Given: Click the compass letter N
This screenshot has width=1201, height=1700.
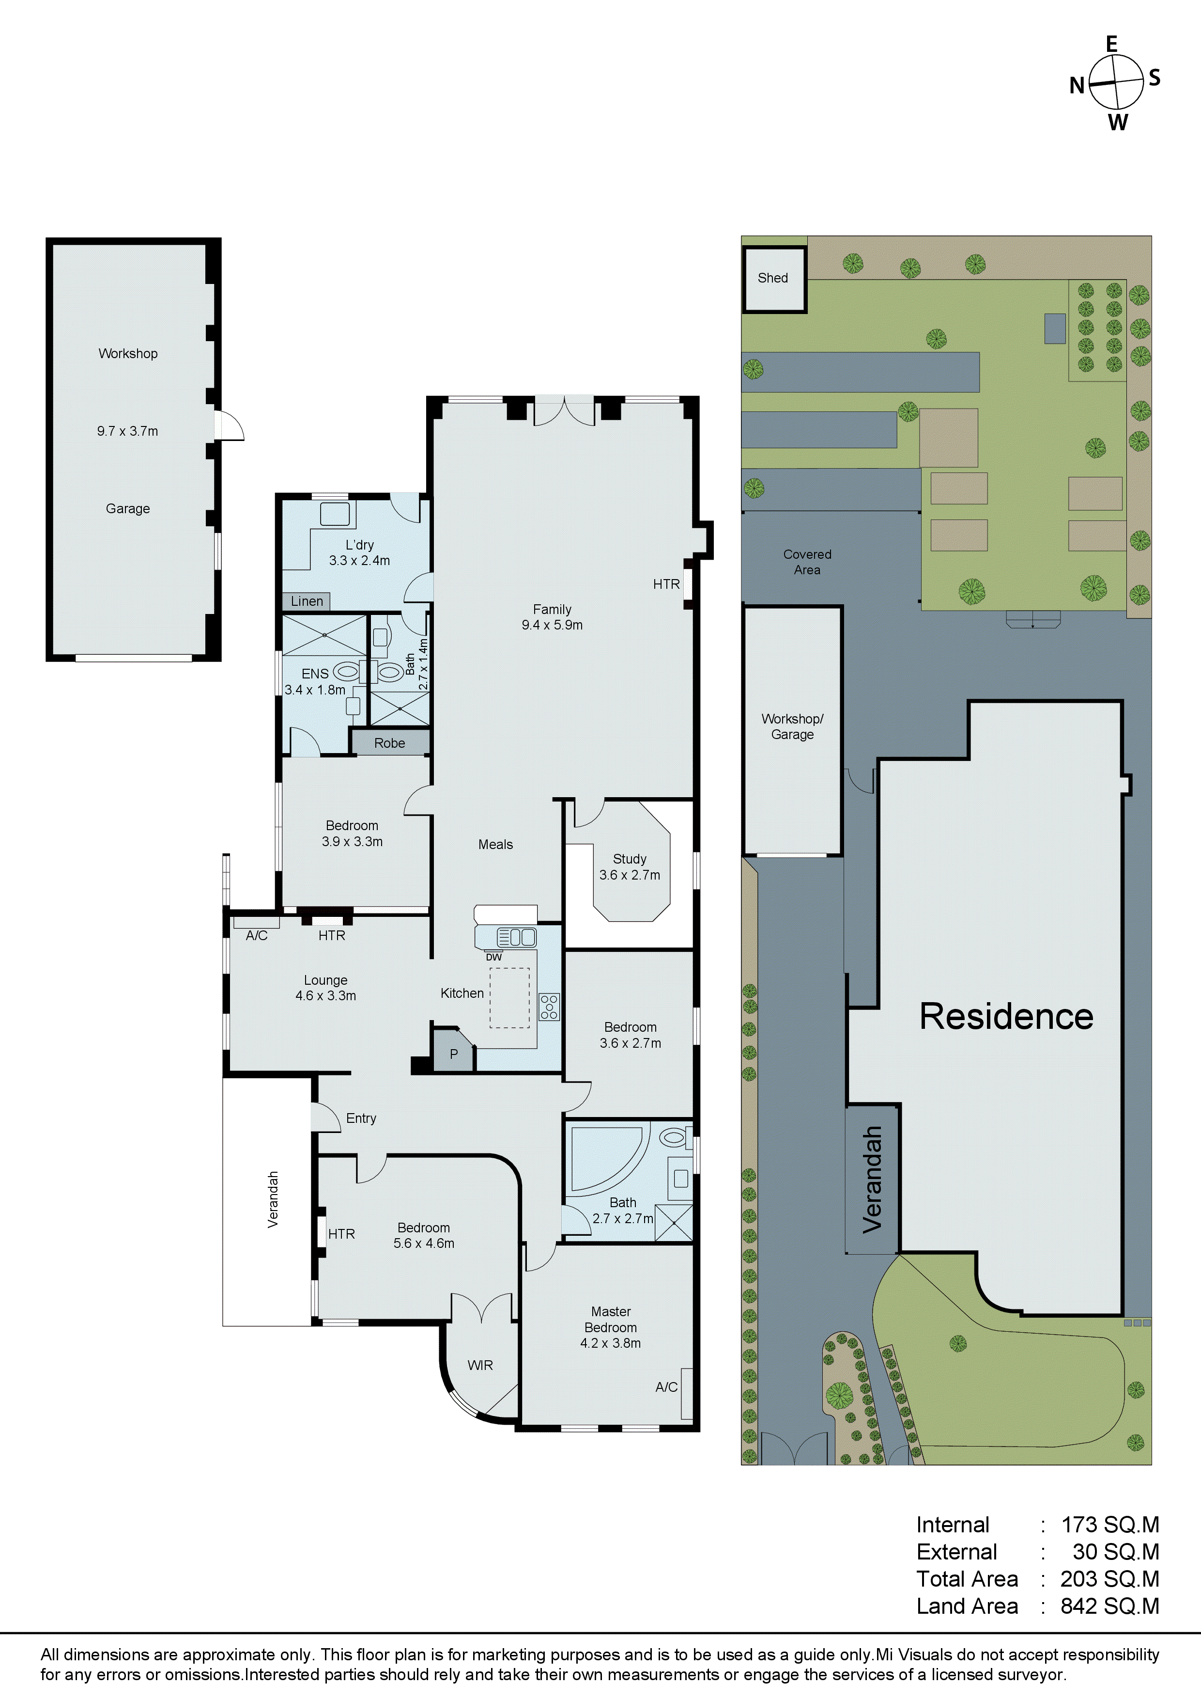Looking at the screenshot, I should pos(1077,86).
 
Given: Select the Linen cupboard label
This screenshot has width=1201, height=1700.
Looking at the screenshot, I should pos(307,601).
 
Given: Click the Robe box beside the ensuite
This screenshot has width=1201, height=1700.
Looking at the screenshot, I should pos(389,742).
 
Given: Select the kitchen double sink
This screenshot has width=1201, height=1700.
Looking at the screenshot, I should pos(517,937).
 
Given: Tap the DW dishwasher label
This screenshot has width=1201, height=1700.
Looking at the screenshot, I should pos(493,957).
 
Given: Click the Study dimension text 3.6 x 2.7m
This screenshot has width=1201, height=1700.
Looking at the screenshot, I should pos(630,874).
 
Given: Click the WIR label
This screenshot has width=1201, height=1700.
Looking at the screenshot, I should pos(480,1365).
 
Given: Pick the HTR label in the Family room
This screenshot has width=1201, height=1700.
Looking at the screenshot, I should pos(666,584).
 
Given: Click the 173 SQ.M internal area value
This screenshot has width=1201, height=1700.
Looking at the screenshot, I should pos(1109,1525).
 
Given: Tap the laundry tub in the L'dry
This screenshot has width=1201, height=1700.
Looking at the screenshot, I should pos(335,514).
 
